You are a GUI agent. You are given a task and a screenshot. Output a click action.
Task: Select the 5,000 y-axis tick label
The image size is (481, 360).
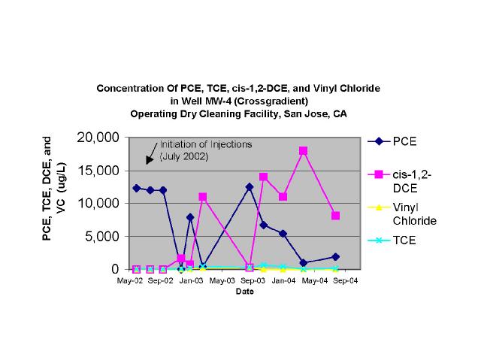coord(99,237)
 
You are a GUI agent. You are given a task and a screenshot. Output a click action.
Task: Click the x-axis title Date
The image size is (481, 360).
coord(244,291)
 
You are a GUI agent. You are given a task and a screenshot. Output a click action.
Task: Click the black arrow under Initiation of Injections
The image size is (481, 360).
coord(151,157)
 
